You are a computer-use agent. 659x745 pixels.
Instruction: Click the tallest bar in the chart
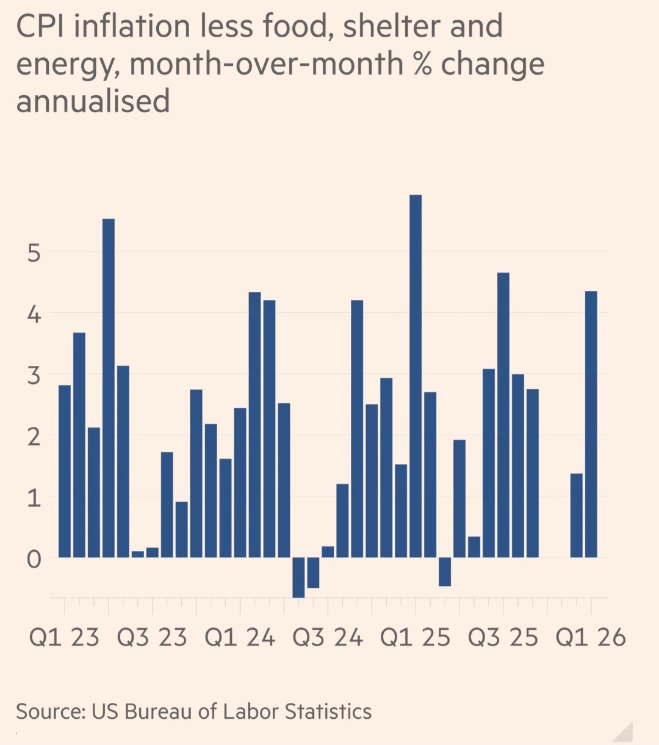416,376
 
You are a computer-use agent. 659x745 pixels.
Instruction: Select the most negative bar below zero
298,577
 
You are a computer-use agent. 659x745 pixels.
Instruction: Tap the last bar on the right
591,424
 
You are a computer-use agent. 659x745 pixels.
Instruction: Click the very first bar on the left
65,471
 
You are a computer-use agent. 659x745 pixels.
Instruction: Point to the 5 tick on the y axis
34,252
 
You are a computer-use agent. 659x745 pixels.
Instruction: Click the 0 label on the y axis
34,558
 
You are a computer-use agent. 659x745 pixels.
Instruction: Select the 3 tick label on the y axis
34,376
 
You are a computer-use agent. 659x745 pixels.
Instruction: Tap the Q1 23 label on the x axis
64,638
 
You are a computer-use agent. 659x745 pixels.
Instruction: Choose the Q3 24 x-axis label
328,638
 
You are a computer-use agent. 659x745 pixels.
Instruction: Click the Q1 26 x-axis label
591,638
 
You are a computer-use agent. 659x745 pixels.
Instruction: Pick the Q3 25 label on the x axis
503,638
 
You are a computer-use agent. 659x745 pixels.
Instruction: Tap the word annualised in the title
93,101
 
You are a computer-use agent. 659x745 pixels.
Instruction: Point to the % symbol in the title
422,64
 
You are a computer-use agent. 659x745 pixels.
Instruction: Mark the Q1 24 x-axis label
240,638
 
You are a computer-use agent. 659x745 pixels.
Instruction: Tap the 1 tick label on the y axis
34,498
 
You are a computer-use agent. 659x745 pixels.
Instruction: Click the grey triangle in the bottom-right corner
624,732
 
